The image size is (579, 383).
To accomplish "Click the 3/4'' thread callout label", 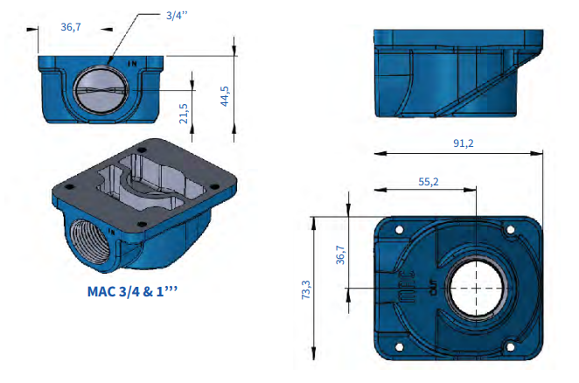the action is (x=177, y=16).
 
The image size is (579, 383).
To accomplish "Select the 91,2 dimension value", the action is (x=463, y=143).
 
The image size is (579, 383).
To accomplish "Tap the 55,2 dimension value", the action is (x=429, y=182).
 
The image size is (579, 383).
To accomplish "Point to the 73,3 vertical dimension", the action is (x=306, y=289).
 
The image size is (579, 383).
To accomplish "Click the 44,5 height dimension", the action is (x=225, y=96).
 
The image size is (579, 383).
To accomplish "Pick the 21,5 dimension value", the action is (x=184, y=114).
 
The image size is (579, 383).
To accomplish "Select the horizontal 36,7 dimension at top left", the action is (x=71, y=27).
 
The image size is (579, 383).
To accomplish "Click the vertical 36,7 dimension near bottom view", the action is (x=340, y=254).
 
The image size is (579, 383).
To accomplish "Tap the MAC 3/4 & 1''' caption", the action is (x=132, y=291).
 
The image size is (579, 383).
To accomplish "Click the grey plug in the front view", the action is (x=101, y=90).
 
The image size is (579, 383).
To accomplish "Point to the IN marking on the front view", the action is (x=132, y=64).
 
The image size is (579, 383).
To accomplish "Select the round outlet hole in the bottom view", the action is (x=476, y=288).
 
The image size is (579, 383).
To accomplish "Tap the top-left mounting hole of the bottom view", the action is (x=399, y=230).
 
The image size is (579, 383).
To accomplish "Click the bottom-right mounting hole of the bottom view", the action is (x=510, y=347).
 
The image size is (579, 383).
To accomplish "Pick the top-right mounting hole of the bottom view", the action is (x=510, y=230).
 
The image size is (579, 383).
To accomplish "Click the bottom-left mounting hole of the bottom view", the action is (x=399, y=347).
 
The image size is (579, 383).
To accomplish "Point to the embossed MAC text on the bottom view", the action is (x=408, y=288).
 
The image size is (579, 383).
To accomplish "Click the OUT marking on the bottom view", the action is (x=434, y=288).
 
